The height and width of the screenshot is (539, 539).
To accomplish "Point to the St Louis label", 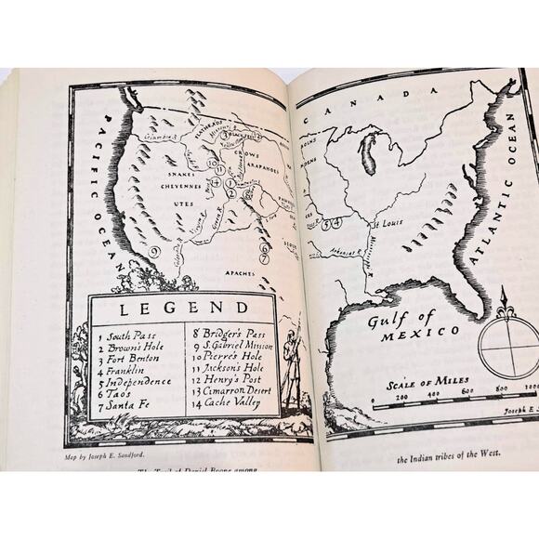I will [388, 224].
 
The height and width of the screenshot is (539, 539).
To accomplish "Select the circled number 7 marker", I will [265, 258].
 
